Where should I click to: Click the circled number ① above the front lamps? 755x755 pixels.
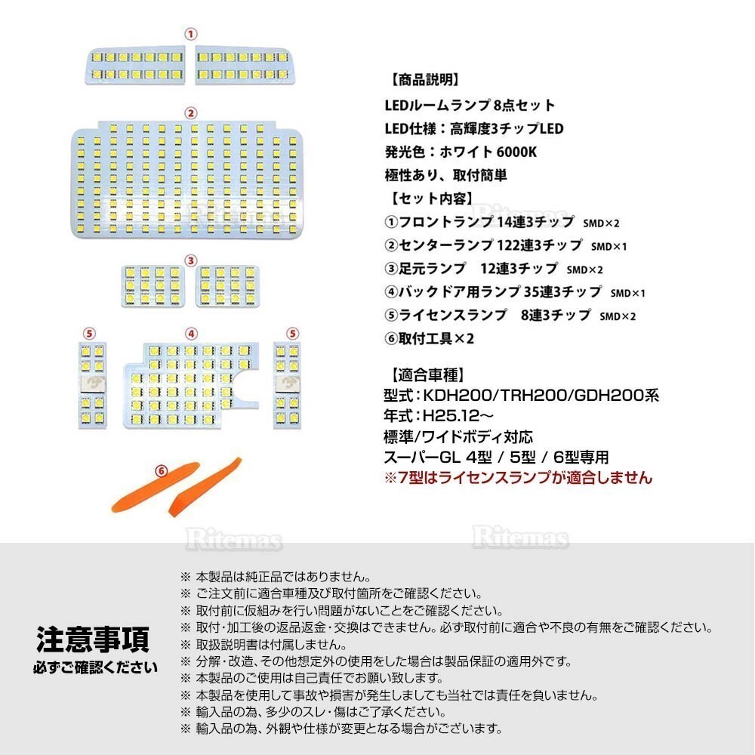pos(191,34)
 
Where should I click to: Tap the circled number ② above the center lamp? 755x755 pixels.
pos(191,113)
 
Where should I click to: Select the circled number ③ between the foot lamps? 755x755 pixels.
pos(191,260)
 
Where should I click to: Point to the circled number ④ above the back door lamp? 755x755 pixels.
pos(191,333)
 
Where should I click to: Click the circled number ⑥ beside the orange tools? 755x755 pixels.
pos(161,470)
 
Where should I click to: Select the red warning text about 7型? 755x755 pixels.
pos(518,478)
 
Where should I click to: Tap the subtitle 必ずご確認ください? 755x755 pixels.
pos(95,667)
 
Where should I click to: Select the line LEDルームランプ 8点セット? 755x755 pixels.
pos(470,105)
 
